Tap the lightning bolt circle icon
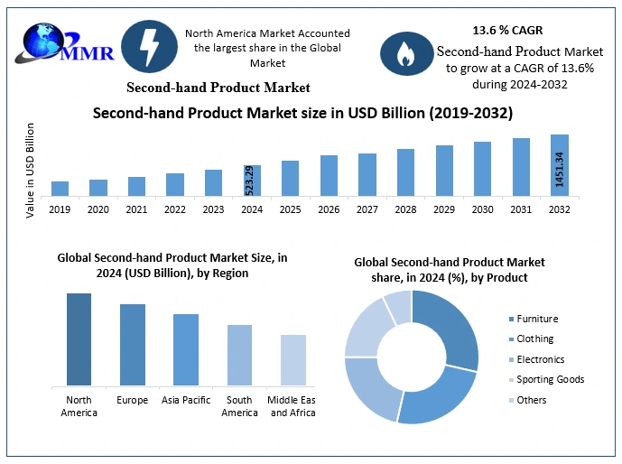(x=146, y=45)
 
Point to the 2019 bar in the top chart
(x=60, y=189)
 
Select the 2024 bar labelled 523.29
(x=253, y=181)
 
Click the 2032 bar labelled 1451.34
(x=560, y=165)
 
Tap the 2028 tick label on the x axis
(x=405, y=209)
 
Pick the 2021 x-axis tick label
(x=136, y=209)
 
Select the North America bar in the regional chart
(x=79, y=339)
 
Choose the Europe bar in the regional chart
(x=133, y=345)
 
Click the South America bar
(x=239, y=355)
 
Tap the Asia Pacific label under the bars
(x=186, y=399)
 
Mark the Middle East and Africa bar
(x=293, y=360)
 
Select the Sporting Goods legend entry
(x=549, y=379)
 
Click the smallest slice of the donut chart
(x=397, y=306)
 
